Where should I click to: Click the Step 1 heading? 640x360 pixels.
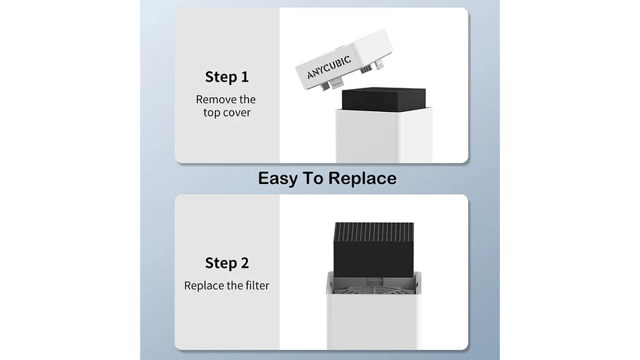tap(226, 77)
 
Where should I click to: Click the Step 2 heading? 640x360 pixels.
tap(226, 263)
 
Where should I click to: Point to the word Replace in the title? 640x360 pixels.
tap(362, 179)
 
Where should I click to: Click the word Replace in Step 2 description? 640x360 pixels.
tap(203, 285)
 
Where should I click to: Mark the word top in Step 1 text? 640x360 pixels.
tap(212, 113)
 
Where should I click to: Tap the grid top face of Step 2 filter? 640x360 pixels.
tap(373, 231)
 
